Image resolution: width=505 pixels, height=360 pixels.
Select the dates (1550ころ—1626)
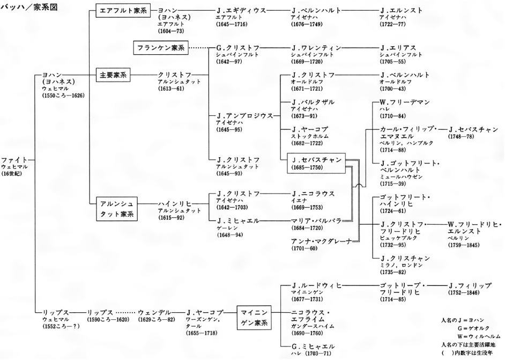[x=63, y=95]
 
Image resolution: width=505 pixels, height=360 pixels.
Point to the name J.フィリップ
[x=470, y=286]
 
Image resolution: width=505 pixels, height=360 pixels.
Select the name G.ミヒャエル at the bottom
[x=313, y=347]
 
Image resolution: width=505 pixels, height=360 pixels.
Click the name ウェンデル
[x=154, y=312]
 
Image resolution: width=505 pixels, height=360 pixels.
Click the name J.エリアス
[x=398, y=48]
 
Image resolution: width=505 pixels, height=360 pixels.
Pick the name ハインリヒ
[x=175, y=204]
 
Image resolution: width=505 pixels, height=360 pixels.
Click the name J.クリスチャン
[x=405, y=258]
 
